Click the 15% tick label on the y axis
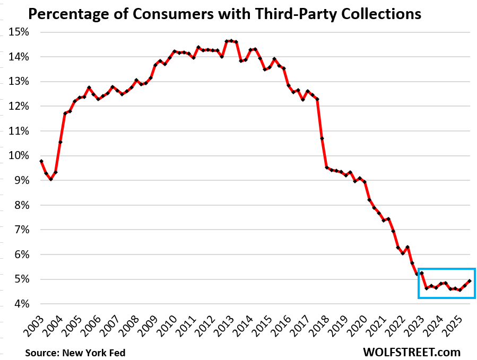pyautogui.click(x=19, y=32)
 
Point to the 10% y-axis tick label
pyautogui.click(x=19, y=156)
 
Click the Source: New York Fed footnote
pyautogui.click(x=75, y=353)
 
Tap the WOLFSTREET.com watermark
pyautogui.click(x=412, y=352)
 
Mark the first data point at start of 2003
pyautogui.click(x=41, y=161)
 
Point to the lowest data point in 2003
pyautogui.click(x=50, y=179)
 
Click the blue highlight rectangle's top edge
pyautogui.click(x=446, y=269)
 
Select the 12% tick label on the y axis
pyautogui.click(x=19, y=107)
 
